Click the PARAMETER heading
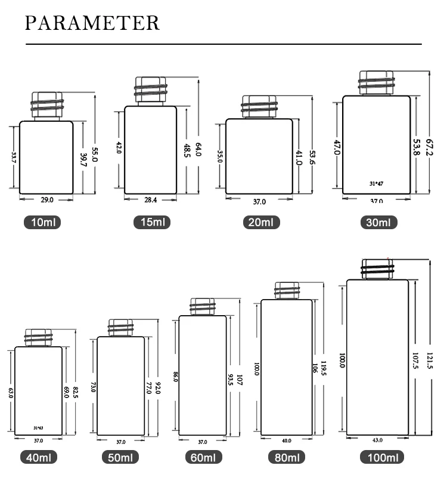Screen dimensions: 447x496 [93, 23]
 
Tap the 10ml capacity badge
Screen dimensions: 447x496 [42, 223]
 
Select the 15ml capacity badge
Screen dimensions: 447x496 [151, 223]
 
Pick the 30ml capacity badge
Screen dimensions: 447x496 [378, 223]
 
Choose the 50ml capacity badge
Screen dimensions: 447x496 [122, 458]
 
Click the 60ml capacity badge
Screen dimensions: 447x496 [203, 458]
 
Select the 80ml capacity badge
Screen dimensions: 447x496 [286, 458]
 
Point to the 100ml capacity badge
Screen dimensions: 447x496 [381, 458]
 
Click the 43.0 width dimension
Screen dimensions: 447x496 [377, 440]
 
